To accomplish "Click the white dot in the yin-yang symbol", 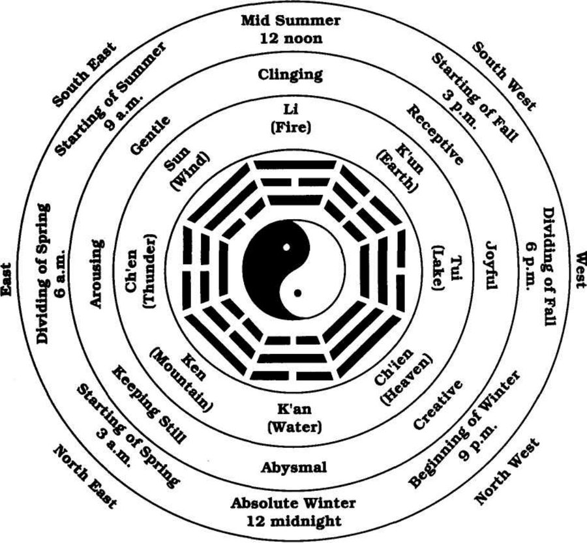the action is [x=286, y=247].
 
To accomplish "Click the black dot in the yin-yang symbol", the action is [x=297, y=293].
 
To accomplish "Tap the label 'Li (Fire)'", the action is [x=290, y=119].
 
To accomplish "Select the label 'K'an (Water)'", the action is [x=294, y=418].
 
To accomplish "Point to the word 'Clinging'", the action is [x=290, y=75].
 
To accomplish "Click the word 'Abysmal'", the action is [x=294, y=467].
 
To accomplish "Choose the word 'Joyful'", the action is [x=490, y=265].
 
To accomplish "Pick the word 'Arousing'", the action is [x=97, y=274].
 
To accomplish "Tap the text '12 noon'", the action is [x=291, y=38].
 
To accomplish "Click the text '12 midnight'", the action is [x=294, y=521].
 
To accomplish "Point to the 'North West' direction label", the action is [x=507, y=471].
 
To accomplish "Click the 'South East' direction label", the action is [x=85, y=74].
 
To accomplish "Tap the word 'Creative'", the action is [x=438, y=405].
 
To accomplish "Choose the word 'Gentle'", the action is [x=150, y=135].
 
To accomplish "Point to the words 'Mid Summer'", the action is [x=290, y=20].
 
